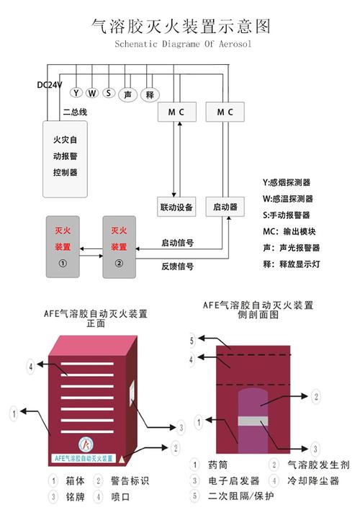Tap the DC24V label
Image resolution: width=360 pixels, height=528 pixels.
(x=50, y=85)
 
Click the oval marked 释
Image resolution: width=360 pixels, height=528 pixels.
(x=150, y=94)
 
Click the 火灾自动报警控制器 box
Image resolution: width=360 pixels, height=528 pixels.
(x=65, y=159)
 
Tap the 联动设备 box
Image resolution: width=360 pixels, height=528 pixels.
(x=176, y=207)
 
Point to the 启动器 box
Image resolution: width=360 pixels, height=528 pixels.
(x=225, y=207)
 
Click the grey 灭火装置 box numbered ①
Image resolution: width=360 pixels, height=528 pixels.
(x=63, y=246)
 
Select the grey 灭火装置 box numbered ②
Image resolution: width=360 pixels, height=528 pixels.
(x=119, y=246)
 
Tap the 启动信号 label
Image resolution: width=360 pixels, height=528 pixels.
(x=176, y=243)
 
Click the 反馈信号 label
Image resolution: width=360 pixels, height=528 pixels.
(x=176, y=267)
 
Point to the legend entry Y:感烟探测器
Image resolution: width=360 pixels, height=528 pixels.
(x=292, y=182)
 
